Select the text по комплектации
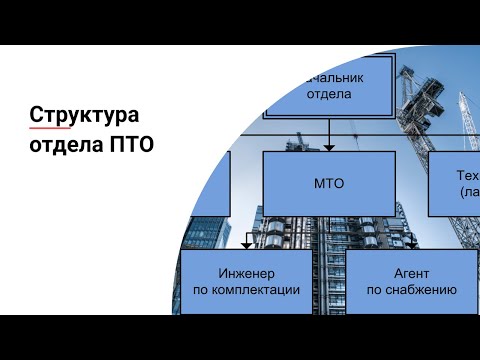(x=246, y=290)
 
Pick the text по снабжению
(x=411, y=290)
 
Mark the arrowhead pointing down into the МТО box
(x=329, y=147)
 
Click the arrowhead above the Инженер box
(x=247, y=245)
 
